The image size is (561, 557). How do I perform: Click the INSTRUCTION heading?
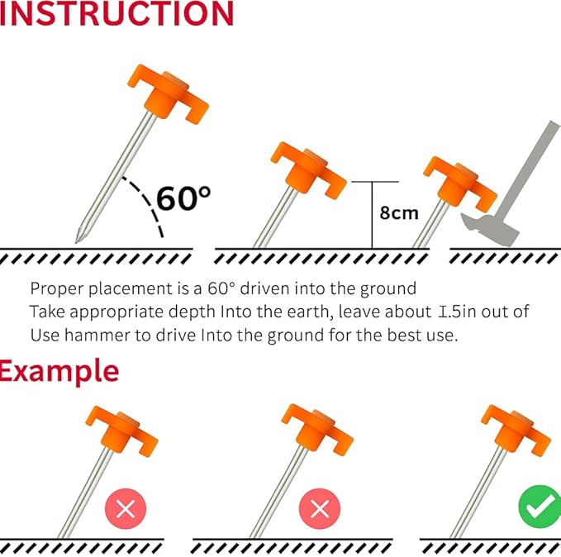116,13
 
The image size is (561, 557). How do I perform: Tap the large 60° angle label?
183,198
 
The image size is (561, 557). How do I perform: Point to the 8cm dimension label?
399,212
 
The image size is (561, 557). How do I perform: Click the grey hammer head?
490,231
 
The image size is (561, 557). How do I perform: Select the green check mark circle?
540,507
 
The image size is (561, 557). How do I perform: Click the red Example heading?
59,372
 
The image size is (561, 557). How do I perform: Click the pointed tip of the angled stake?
76,242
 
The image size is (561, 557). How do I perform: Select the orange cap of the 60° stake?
169,93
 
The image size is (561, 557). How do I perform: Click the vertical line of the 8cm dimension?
372,215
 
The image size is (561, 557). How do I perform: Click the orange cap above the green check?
516,431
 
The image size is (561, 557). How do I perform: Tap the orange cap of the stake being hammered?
460,183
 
